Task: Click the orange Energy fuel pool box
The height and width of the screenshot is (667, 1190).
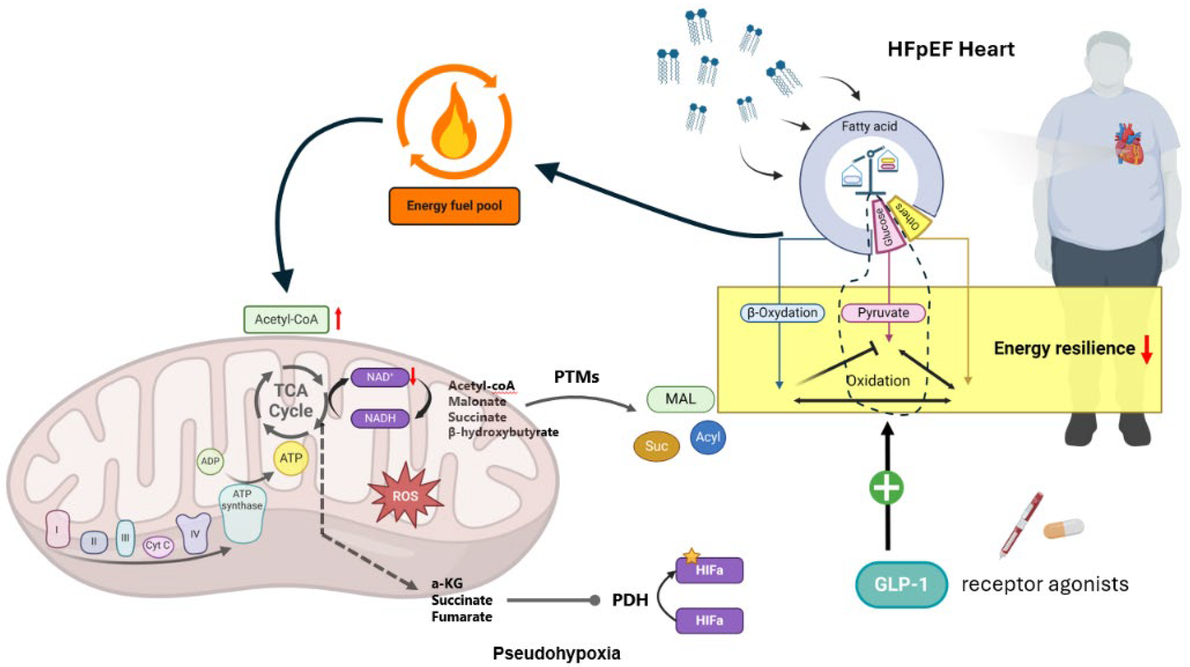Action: coord(454,206)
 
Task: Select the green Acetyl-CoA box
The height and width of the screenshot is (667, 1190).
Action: coord(286,319)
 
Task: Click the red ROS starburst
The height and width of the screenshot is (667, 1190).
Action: coord(405,496)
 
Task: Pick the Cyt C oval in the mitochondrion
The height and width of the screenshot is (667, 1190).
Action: coord(157,546)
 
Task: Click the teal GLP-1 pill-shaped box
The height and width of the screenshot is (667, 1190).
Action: coord(901,584)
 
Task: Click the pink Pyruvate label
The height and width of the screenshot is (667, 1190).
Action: coord(883,313)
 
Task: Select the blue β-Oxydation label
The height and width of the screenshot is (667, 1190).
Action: coord(782,313)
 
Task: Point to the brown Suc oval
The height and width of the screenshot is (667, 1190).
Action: coord(656,446)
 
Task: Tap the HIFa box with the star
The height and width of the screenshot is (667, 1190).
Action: coord(709,570)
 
